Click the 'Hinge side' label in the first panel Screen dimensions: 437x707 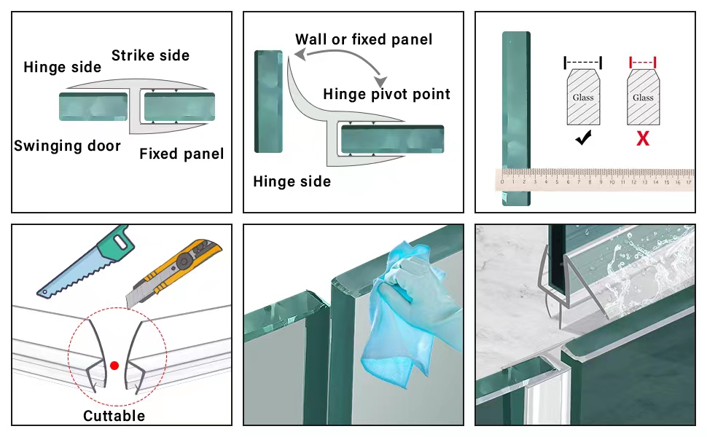(x=62, y=68)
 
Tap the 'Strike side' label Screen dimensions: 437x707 (x=150, y=55)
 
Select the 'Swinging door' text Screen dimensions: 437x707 (x=67, y=146)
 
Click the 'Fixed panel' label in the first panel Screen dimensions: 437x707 (x=181, y=154)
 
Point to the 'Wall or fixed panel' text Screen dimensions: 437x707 (x=364, y=39)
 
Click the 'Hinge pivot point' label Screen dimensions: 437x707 (x=386, y=94)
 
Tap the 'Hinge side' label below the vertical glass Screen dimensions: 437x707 (x=292, y=181)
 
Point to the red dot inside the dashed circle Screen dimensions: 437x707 (x=114, y=365)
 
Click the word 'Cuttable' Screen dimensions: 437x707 (x=114, y=416)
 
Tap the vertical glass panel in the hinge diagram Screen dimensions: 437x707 (x=268, y=102)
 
